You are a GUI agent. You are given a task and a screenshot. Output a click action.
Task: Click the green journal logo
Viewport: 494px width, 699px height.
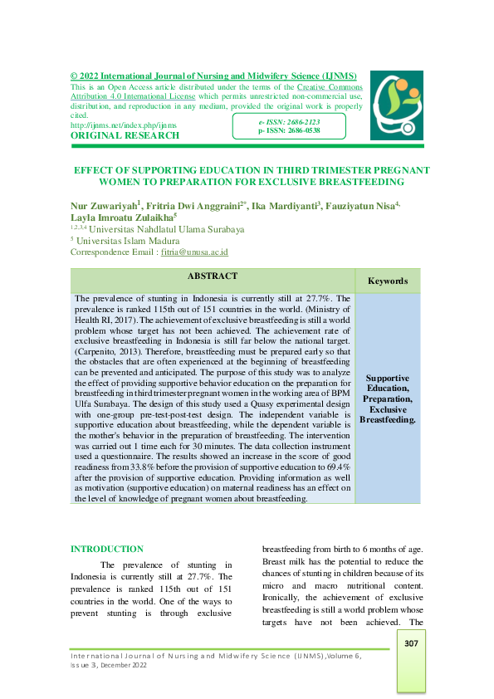click(x=396, y=105)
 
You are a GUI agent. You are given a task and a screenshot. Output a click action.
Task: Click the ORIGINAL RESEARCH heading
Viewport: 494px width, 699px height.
click(x=125, y=135)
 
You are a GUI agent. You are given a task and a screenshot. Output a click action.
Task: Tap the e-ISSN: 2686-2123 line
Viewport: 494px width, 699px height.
click(x=289, y=122)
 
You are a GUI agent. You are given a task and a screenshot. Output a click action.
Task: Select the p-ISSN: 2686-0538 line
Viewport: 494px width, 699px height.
click(x=289, y=130)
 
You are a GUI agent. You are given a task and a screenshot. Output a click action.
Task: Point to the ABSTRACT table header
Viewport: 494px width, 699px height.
click(x=213, y=276)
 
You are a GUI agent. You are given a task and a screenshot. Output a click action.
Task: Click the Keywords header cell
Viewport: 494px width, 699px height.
click(x=388, y=281)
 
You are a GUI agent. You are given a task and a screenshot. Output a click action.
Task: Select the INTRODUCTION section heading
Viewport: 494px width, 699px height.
click(x=107, y=549)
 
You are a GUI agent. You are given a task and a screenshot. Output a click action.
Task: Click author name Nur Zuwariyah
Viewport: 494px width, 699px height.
click(x=104, y=204)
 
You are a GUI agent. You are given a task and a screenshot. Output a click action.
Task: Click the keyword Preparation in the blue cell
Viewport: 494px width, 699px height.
click(x=388, y=398)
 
